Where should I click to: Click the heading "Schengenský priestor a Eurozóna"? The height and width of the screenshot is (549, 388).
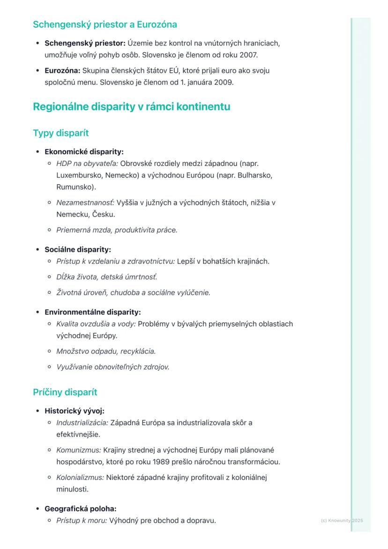point(104,24)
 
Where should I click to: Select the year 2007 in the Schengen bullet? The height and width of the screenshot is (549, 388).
point(248,55)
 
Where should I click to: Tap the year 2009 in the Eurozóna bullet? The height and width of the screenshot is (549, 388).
point(224,83)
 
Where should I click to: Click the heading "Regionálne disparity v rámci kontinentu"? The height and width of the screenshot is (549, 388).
point(131,107)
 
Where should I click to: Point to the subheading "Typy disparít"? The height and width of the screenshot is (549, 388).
point(61,133)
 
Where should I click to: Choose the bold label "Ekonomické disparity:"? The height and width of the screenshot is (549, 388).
point(84,152)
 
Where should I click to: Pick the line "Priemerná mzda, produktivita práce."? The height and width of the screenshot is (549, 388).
point(117,230)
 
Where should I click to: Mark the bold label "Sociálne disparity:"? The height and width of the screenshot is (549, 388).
point(78,250)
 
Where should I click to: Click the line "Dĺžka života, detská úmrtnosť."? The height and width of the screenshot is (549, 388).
point(107,277)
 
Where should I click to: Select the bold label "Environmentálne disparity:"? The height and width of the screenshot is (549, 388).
point(93,312)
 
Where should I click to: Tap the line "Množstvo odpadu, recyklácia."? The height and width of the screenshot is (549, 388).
point(106,351)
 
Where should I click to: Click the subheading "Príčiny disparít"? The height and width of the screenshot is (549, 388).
point(65,392)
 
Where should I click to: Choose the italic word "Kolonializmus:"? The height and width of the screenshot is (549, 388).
point(80,478)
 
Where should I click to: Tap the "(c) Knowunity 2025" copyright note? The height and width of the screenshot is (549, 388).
point(342,520)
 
